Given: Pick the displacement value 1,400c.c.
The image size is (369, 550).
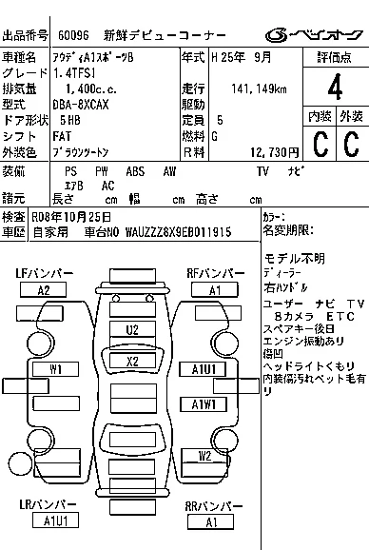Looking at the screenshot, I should (x=84, y=88).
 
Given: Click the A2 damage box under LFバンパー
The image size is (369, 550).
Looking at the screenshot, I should (x=44, y=289).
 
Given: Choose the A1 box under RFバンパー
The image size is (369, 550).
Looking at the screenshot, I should (x=215, y=289).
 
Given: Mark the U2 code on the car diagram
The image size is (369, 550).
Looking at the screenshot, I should (x=132, y=329).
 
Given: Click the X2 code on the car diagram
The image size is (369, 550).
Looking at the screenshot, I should (x=132, y=361).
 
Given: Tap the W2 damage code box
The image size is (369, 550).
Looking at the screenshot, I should (x=204, y=456).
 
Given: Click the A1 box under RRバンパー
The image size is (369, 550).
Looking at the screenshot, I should (x=210, y=521).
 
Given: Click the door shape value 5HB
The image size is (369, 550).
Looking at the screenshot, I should (x=69, y=120).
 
